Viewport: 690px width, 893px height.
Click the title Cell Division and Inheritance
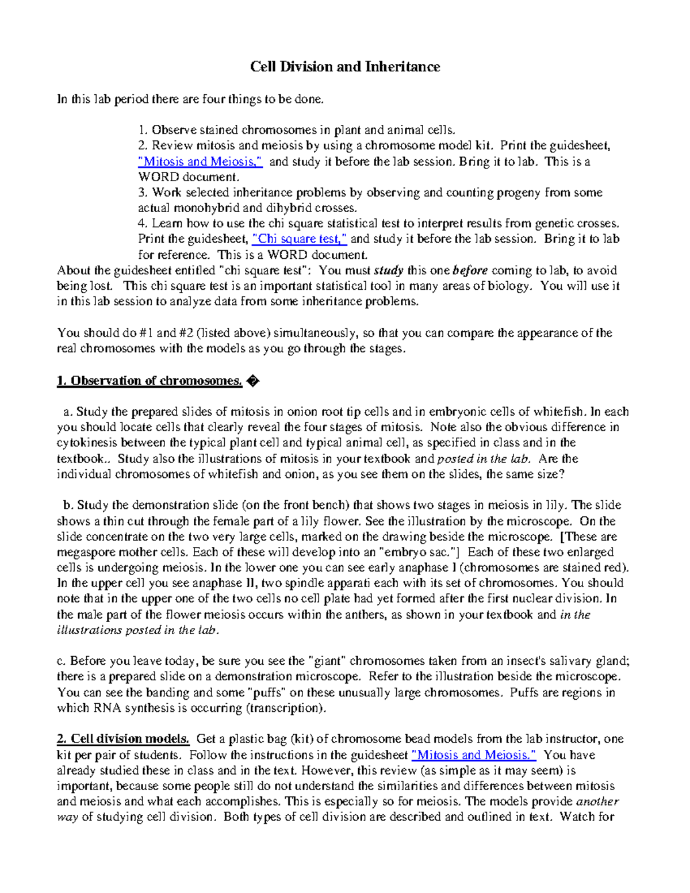(x=344, y=67)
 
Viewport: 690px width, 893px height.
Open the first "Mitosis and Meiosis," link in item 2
(x=201, y=162)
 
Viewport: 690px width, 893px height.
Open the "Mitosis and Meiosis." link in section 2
(x=474, y=755)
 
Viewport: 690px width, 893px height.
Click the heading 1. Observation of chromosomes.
(x=149, y=381)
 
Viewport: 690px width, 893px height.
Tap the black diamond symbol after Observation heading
(x=252, y=381)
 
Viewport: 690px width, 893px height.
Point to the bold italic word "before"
(x=470, y=270)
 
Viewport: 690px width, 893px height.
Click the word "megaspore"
(x=86, y=553)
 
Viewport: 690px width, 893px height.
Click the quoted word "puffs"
(x=267, y=692)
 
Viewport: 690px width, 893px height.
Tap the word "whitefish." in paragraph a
(x=560, y=412)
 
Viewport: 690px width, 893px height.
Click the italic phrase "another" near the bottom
(x=597, y=802)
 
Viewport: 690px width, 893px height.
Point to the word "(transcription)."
(x=286, y=708)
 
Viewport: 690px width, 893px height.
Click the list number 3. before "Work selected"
(x=143, y=193)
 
